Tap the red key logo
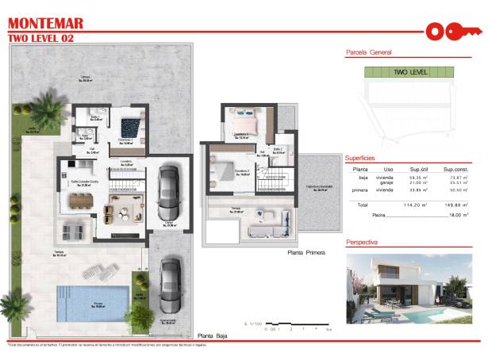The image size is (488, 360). [x=454, y=31]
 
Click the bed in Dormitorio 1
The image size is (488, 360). [x=131, y=126]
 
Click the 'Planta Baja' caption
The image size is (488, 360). [x=213, y=335]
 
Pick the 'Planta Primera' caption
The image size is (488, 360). [x=306, y=253]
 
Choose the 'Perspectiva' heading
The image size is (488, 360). [x=361, y=242]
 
